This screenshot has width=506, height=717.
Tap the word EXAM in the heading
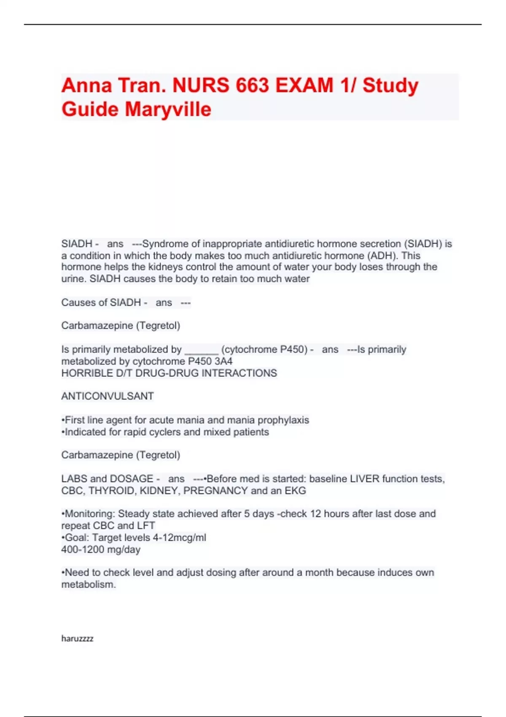(x=304, y=85)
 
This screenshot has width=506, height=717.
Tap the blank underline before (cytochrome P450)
(x=202, y=350)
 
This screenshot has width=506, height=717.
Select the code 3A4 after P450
(x=223, y=361)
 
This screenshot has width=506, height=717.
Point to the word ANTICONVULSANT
(x=108, y=396)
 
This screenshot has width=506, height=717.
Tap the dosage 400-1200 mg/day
(x=101, y=550)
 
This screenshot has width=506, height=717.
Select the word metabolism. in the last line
(x=89, y=585)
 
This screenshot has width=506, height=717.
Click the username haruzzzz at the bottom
(x=77, y=639)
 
